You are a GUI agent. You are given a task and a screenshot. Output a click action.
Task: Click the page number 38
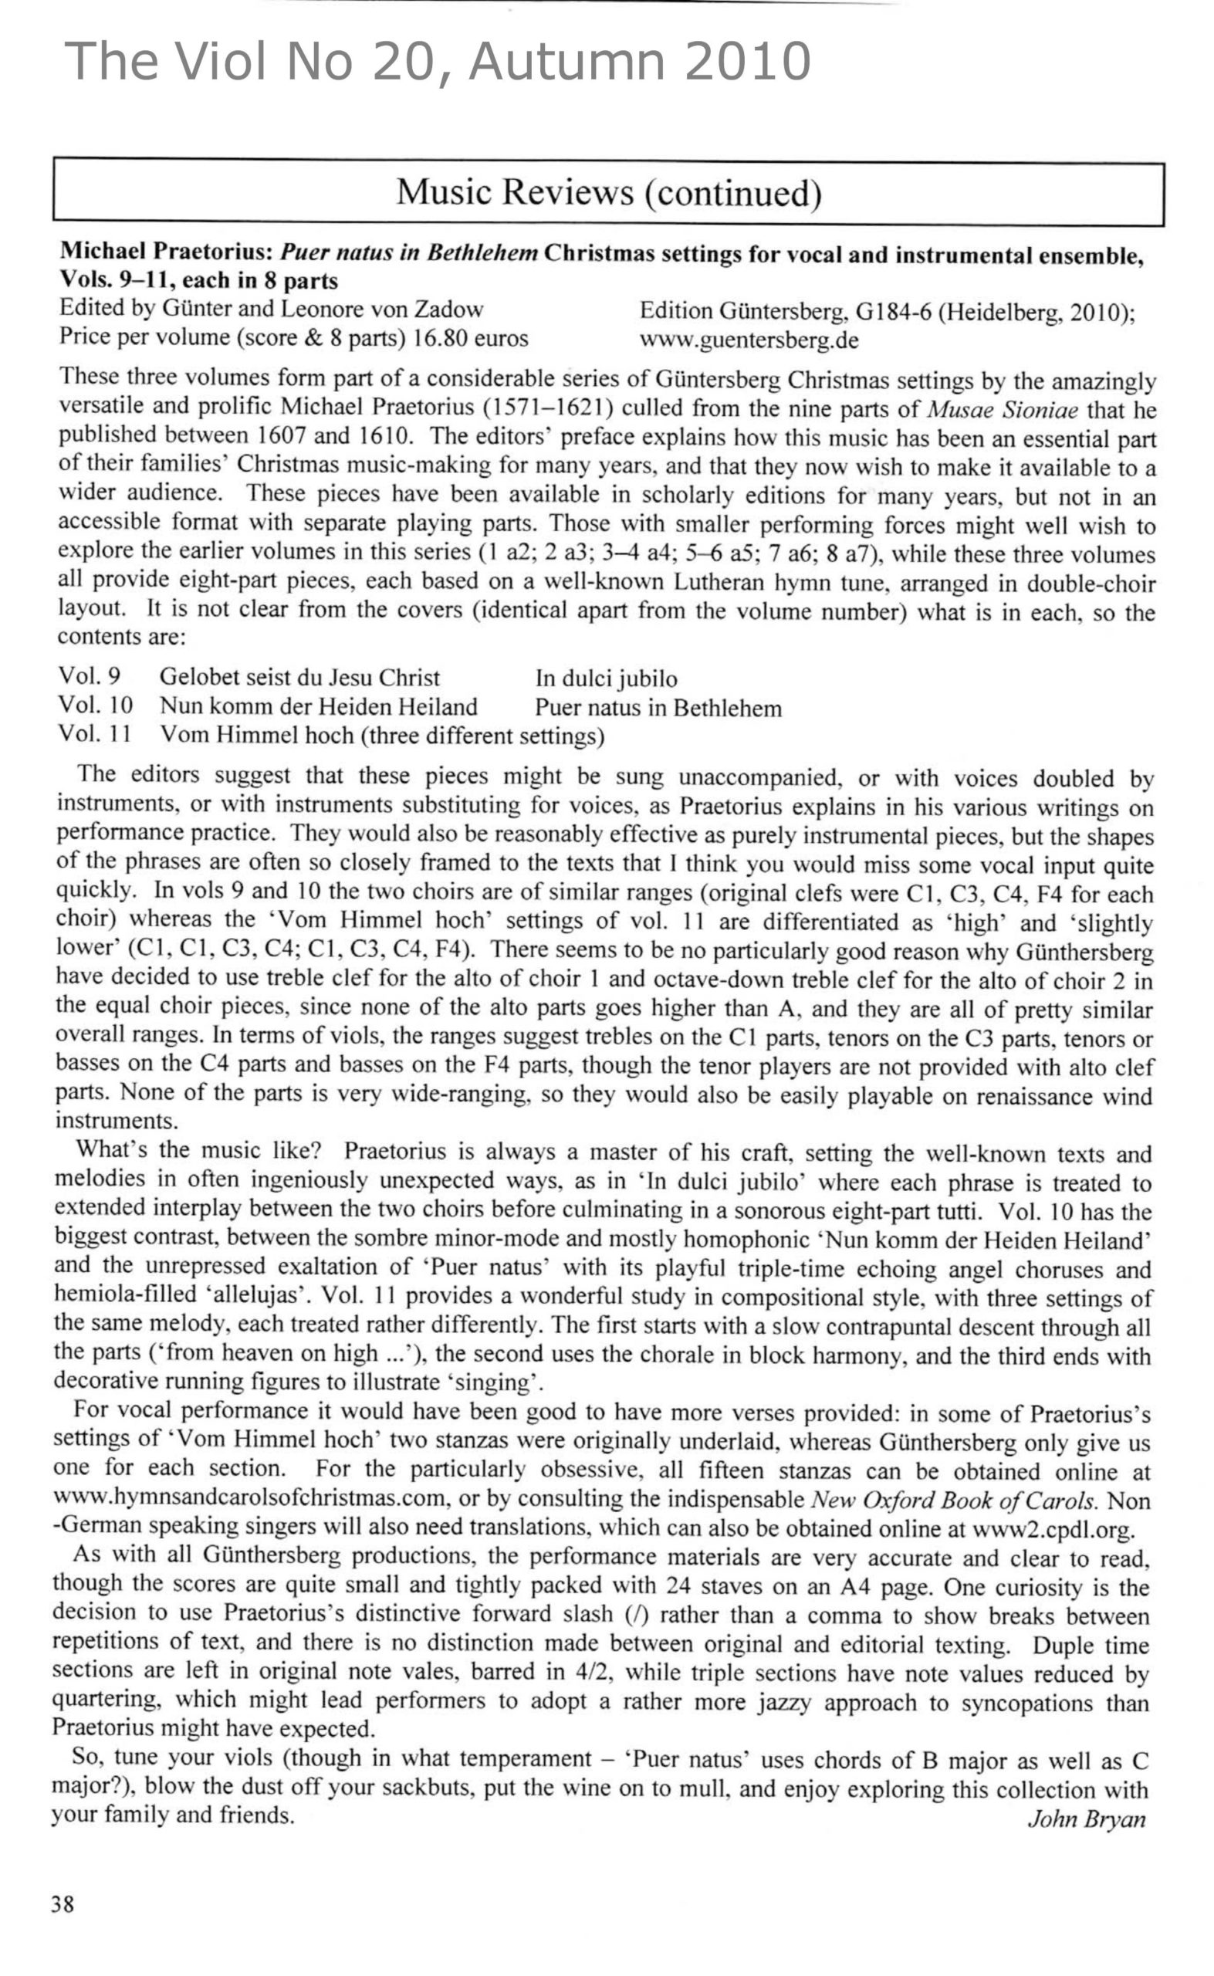[63, 1903]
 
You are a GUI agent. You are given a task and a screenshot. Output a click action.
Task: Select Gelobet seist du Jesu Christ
[299, 678]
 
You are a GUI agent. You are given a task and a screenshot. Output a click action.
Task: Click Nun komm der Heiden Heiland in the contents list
[318, 706]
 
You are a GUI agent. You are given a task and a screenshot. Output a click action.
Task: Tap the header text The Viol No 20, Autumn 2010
[438, 61]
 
